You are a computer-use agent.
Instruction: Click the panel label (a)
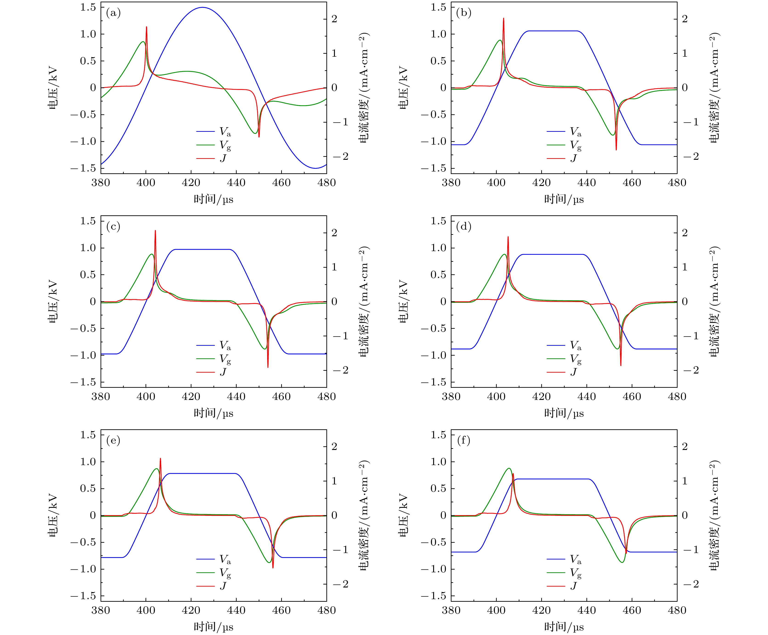pos(113,13)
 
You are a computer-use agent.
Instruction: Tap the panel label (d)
pos(463,227)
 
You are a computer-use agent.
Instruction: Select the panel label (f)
pos(463,440)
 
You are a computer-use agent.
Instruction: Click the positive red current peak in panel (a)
pos(146,27)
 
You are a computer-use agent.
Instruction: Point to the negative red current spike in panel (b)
pos(616,149)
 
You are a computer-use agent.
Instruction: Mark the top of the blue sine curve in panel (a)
pos(202,7)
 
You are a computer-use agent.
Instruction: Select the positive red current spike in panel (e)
pos(160,459)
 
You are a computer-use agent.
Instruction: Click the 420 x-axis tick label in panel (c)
pos(191,396)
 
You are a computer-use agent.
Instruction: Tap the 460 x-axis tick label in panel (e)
pos(281,610)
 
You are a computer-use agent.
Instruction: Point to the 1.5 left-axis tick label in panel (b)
pos(438,7)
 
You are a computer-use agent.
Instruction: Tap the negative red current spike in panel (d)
pos(621,365)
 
